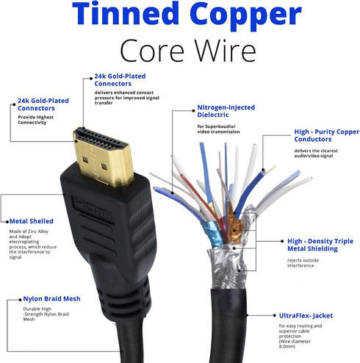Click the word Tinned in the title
point(126,13)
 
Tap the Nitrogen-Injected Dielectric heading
point(226,111)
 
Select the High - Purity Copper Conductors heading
point(326,135)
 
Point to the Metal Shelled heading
point(32,221)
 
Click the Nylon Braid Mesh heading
point(51,299)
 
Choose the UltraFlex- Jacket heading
point(306,316)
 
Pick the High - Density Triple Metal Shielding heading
point(320,245)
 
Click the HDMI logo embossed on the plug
point(93,209)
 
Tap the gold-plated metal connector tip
point(104,156)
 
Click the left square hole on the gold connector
point(85,159)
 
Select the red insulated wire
point(201,198)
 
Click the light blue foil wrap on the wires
point(212,233)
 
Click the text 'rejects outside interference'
point(303,263)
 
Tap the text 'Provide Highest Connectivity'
point(35,120)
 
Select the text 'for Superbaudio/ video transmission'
point(218,129)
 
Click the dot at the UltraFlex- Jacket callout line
point(275,315)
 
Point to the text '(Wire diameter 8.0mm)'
point(295,344)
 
